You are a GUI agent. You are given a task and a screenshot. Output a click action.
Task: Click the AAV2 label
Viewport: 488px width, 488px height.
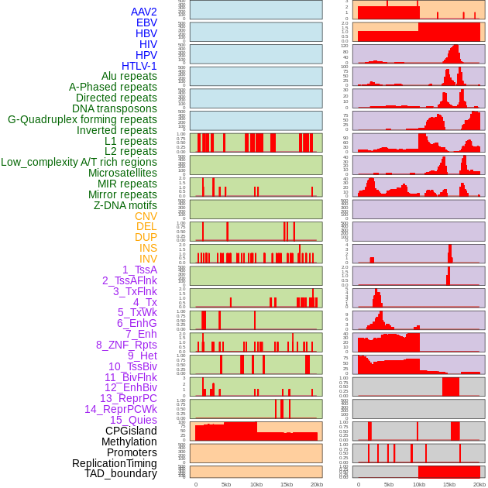(143, 12)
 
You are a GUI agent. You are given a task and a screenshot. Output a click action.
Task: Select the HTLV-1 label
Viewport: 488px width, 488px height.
(139, 66)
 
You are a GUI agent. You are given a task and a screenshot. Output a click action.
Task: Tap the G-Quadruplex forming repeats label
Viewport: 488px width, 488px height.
(82, 119)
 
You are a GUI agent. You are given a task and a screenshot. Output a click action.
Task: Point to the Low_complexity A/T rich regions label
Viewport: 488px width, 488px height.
(79, 162)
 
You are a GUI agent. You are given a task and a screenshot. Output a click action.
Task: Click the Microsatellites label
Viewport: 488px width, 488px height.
(122, 173)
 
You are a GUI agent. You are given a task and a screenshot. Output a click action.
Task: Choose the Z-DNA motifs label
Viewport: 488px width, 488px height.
(125, 205)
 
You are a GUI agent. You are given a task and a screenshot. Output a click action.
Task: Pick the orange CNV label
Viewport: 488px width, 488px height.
(146, 216)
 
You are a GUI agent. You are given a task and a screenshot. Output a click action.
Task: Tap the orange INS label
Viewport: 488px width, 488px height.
(148, 248)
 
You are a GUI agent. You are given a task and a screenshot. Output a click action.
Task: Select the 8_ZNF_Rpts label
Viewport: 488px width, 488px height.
(126, 345)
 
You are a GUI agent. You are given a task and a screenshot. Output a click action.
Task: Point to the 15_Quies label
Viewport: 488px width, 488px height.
(133, 420)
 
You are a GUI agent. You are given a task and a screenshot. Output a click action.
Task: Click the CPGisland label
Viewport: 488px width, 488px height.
(131, 431)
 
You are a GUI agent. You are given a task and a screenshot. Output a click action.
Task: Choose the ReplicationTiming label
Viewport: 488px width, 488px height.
(115, 463)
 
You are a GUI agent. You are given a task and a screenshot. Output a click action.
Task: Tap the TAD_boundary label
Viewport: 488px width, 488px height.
(120, 473)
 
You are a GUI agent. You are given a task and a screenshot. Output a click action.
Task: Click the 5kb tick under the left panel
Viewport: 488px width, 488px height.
(226, 484)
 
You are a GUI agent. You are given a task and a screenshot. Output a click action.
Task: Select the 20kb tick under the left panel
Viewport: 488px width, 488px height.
(316, 484)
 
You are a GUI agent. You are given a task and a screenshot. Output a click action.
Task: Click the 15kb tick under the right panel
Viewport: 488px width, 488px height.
(448, 484)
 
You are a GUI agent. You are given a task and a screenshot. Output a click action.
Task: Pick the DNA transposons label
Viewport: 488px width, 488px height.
(115, 108)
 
